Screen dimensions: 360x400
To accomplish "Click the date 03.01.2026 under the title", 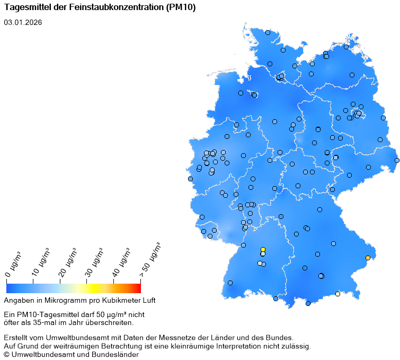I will (x=23, y=22).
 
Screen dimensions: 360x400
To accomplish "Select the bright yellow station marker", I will (x=263, y=250).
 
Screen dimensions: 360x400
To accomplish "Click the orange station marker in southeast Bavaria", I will (x=368, y=258).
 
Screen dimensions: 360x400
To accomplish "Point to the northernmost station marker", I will (x=268, y=32).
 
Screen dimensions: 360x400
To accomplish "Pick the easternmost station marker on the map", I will (x=397, y=160).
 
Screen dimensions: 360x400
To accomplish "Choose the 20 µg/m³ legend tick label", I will (x=67, y=261).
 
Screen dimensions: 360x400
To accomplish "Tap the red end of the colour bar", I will (x=138, y=288).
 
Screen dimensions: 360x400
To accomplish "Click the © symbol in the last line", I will (x=6, y=355).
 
